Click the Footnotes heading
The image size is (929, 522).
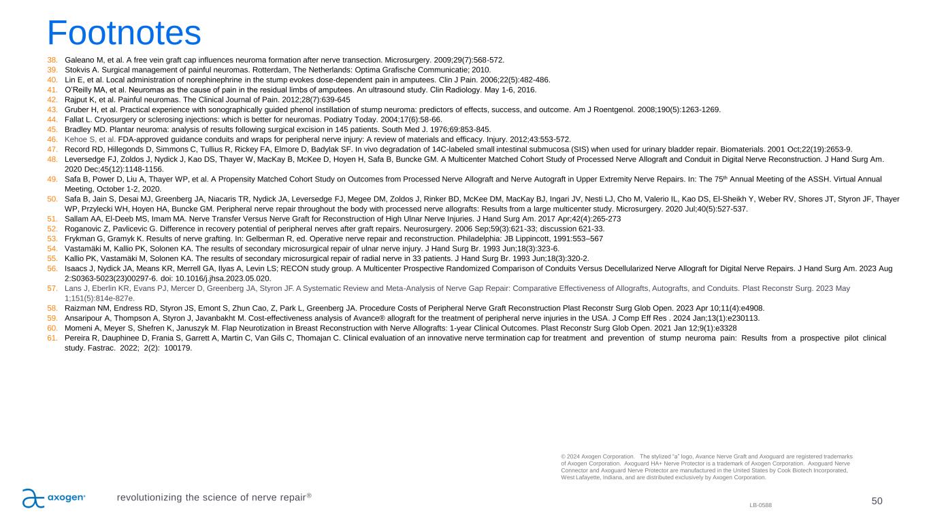click(x=124, y=32)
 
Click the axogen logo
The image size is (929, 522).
click(x=54, y=498)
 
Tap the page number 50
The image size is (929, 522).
click(x=877, y=501)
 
